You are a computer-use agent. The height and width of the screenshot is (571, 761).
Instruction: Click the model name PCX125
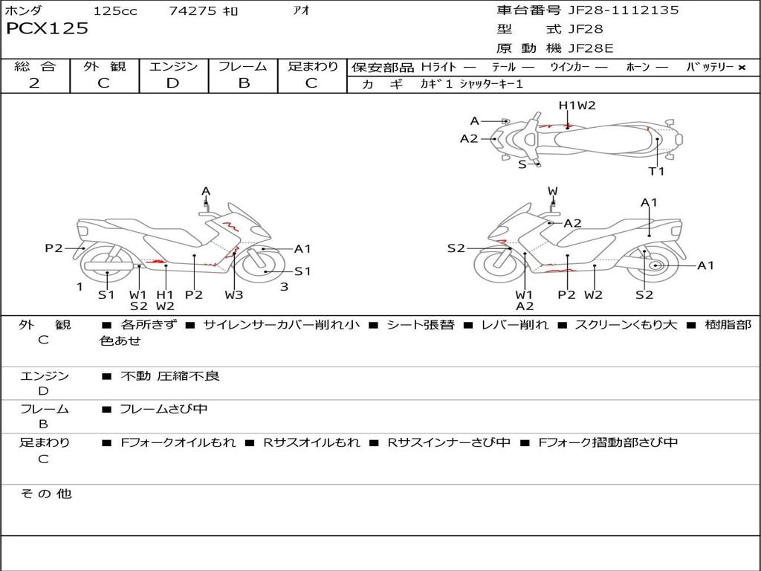pos(47,28)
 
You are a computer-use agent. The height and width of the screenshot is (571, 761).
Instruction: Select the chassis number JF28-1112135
pos(624,10)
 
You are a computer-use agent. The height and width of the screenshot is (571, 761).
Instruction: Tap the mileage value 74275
pos(192,10)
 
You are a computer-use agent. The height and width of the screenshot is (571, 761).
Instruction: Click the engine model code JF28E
pos(591,48)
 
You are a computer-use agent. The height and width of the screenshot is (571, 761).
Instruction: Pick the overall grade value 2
pos(34,83)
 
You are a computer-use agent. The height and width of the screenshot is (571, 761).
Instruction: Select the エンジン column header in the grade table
pos(173,66)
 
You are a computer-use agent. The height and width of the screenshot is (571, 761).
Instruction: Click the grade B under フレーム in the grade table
pos(244,83)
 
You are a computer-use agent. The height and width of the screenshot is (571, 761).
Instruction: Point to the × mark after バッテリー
pos(742,68)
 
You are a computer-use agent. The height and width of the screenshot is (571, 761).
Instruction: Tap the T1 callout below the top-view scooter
pos(656,171)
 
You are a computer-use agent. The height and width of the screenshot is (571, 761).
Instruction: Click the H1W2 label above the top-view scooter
pos(577,106)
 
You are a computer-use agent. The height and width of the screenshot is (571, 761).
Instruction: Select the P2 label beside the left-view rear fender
pos(54,248)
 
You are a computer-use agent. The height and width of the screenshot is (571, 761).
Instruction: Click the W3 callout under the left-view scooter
pos(234,294)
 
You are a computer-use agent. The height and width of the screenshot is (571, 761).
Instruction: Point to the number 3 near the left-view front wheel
pos(285,286)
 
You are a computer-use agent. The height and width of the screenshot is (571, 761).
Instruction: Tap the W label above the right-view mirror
pos(553,191)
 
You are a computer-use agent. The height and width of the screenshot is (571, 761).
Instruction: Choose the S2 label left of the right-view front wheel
pos(456,248)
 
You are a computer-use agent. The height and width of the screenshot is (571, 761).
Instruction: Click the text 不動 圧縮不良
pos(170,375)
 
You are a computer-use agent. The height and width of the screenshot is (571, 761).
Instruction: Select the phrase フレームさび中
pos(163,409)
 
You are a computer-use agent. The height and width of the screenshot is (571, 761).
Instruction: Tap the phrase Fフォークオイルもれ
pos(178,442)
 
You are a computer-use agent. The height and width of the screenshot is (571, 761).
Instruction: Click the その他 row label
pos(45,494)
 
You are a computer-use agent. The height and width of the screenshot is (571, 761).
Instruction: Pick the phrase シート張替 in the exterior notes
pos(421,324)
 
